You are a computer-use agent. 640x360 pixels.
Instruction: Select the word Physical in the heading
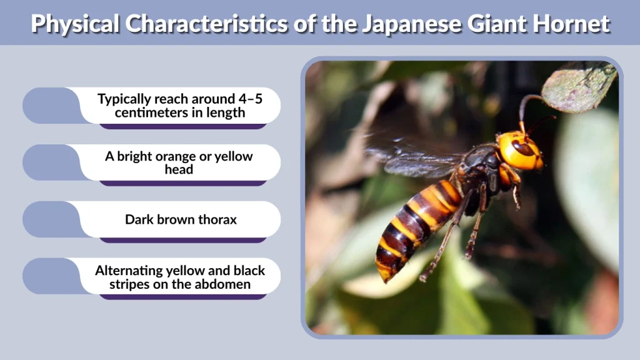pos(74,24)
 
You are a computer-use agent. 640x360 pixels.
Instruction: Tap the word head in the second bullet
pos(179,169)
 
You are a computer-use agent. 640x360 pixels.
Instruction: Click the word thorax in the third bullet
pos(216,219)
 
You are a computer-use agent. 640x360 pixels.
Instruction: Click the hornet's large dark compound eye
pos(522,148)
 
